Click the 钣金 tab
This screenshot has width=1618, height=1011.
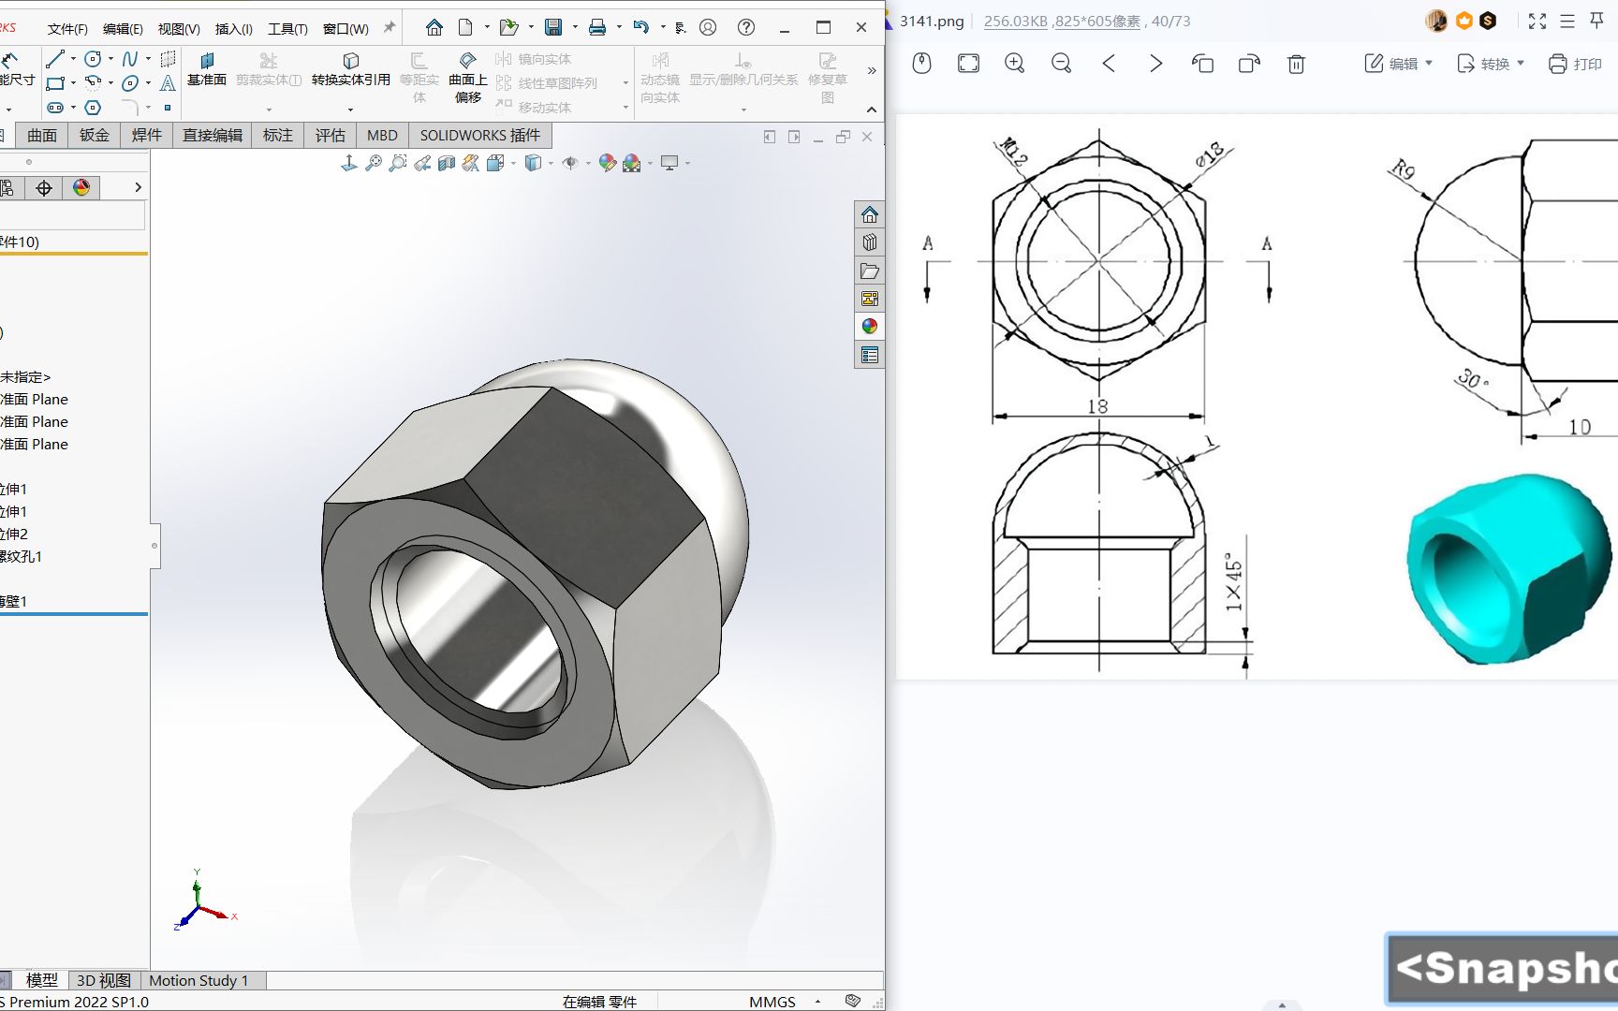(94, 136)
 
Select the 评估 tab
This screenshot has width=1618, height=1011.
(330, 136)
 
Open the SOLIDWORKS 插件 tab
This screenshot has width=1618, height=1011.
(479, 136)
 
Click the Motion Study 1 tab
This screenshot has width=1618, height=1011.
(199, 980)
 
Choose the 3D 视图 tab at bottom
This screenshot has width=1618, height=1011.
(103, 980)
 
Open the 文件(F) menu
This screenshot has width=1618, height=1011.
(67, 29)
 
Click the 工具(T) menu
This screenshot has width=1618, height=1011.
(287, 29)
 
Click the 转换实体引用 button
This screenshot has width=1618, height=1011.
(350, 70)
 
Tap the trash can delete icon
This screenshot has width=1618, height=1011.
(1296, 64)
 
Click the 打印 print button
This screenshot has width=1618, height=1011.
(1575, 64)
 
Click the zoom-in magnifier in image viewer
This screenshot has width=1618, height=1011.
(1014, 64)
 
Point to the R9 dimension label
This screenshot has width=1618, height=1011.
(1402, 169)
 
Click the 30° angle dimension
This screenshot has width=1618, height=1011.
(1472, 379)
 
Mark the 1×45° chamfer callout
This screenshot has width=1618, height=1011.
(1234, 585)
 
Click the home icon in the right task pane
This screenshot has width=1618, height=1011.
(870, 214)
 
